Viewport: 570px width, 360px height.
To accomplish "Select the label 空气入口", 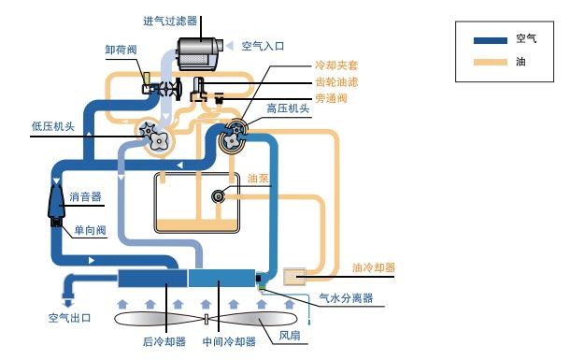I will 264,44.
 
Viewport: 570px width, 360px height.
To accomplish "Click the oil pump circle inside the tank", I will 219,195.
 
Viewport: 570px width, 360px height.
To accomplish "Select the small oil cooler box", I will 295,277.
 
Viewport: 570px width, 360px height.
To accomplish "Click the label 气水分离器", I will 347,297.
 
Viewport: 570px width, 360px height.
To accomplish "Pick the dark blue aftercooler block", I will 152,278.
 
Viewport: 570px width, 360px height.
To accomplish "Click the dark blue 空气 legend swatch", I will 491,40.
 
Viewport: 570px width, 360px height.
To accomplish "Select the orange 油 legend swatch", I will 491,63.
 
